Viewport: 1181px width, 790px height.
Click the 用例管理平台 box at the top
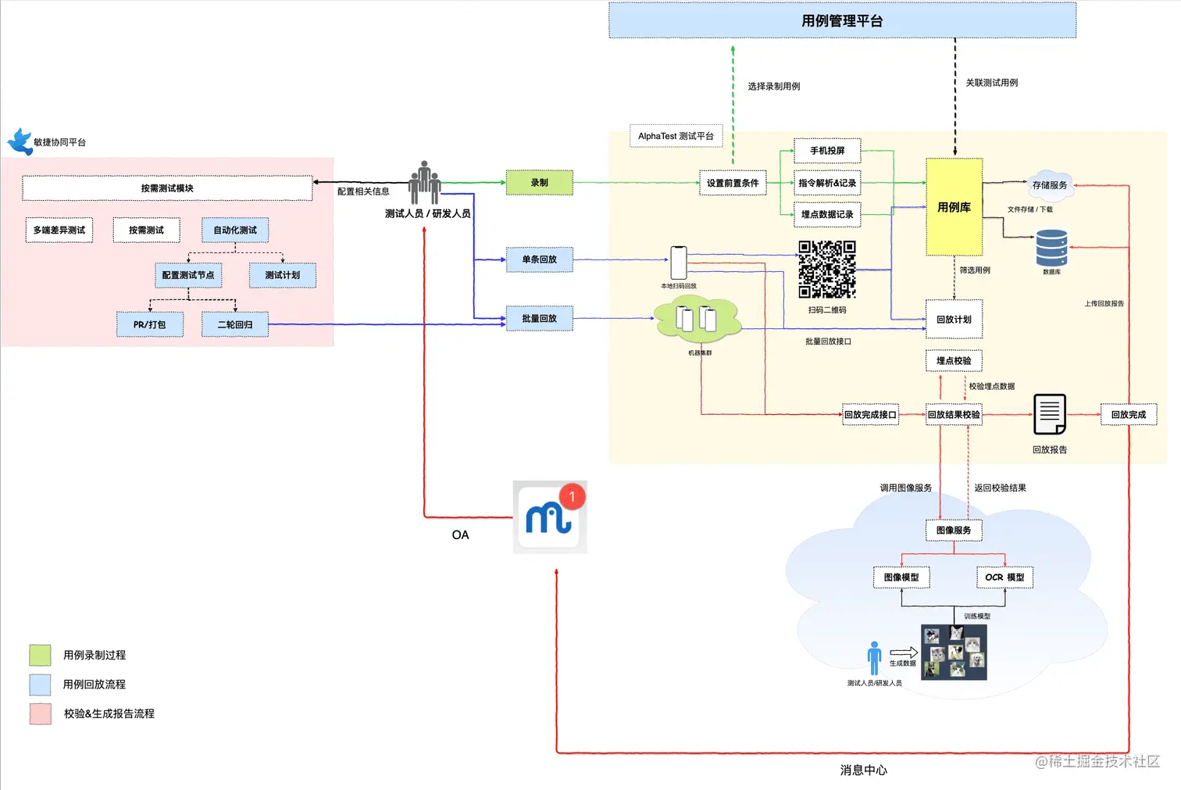[x=842, y=20]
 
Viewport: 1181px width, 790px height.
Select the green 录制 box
[x=539, y=183]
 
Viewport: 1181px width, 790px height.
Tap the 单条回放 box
[x=539, y=259]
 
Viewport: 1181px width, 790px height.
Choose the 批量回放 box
[x=539, y=319]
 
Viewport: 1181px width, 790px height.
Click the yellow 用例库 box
[x=954, y=207]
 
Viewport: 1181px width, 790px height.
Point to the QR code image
[x=826, y=270]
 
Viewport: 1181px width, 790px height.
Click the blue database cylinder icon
[x=1051, y=248]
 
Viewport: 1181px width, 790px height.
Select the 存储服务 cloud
[x=1049, y=185]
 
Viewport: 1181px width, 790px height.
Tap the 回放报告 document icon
[x=1049, y=413]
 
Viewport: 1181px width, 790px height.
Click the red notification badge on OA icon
[x=572, y=496]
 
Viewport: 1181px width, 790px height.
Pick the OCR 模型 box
[x=1004, y=577]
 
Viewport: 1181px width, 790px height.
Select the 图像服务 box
[x=954, y=531]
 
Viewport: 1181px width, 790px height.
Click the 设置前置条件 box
[x=733, y=183]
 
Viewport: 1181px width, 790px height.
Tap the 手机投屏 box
[x=827, y=151]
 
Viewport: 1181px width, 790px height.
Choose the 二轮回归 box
[x=234, y=324]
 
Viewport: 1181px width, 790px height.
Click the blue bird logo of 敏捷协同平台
[x=20, y=141]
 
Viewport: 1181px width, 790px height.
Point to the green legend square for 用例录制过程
[x=40, y=655]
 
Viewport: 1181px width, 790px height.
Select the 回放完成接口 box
[x=870, y=415]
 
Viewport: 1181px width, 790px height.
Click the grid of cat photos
[x=954, y=652]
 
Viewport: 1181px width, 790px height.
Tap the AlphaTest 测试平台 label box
[x=676, y=136]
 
